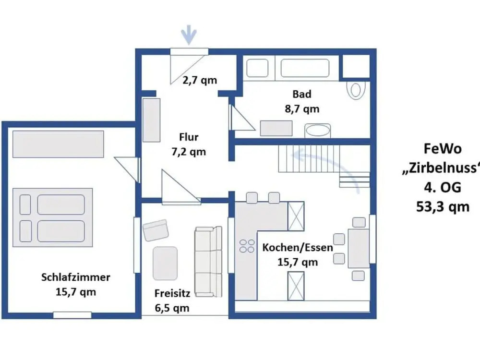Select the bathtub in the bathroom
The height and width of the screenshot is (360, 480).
pos(305,68)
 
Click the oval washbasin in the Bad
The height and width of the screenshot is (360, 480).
pos(317,131)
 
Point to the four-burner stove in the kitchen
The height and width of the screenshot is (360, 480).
pos(247,246)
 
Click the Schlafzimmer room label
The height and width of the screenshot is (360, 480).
pos(76,277)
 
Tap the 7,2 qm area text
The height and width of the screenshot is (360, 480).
pos(189,152)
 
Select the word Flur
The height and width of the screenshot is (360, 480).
pos(189,137)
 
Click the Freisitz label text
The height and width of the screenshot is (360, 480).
pos(172,293)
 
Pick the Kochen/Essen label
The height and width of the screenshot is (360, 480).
pos(298,247)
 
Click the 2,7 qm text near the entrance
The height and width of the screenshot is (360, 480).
pos(200,80)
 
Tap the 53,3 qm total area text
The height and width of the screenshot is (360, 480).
pos(443,207)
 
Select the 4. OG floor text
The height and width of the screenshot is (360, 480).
pos(443,187)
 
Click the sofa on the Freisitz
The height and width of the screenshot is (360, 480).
pos(208,262)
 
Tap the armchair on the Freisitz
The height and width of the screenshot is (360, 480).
pos(156,230)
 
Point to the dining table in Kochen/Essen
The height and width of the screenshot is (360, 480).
pos(359,248)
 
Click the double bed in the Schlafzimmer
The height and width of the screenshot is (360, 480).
pos(52,217)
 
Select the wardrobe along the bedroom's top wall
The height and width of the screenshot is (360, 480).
pos(58,144)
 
